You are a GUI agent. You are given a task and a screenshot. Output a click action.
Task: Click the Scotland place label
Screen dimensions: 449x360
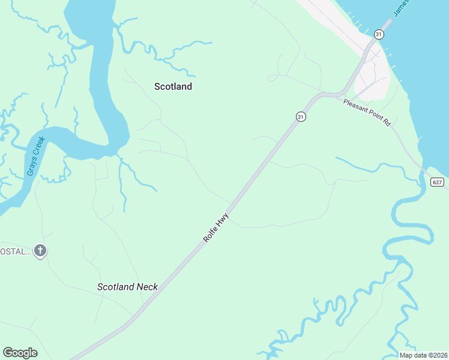[x=173, y=86]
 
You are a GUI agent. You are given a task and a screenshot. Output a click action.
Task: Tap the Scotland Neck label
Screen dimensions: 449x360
[x=127, y=287]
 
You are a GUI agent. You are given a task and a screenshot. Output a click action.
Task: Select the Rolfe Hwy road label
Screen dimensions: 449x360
[x=216, y=229]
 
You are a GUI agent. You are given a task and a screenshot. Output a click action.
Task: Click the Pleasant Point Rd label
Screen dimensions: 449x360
[x=367, y=112]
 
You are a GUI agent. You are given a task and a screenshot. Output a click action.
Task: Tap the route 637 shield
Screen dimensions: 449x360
[x=437, y=182]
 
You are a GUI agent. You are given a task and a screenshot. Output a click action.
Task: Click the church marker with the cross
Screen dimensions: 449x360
[x=40, y=251]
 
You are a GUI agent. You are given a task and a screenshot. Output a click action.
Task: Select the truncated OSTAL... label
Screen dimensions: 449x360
[x=15, y=251]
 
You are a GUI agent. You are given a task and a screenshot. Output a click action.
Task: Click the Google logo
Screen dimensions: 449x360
[x=20, y=353]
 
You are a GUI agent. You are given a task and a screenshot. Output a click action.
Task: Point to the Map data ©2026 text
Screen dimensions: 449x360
[x=423, y=355]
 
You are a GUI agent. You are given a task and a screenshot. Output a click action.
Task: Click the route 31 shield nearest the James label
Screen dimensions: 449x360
[x=378, y=34]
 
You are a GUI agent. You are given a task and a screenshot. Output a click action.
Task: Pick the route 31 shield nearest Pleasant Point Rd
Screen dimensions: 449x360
[x=301, y=116]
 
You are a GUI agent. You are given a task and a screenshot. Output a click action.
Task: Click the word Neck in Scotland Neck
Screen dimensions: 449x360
[x=146, y=287]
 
